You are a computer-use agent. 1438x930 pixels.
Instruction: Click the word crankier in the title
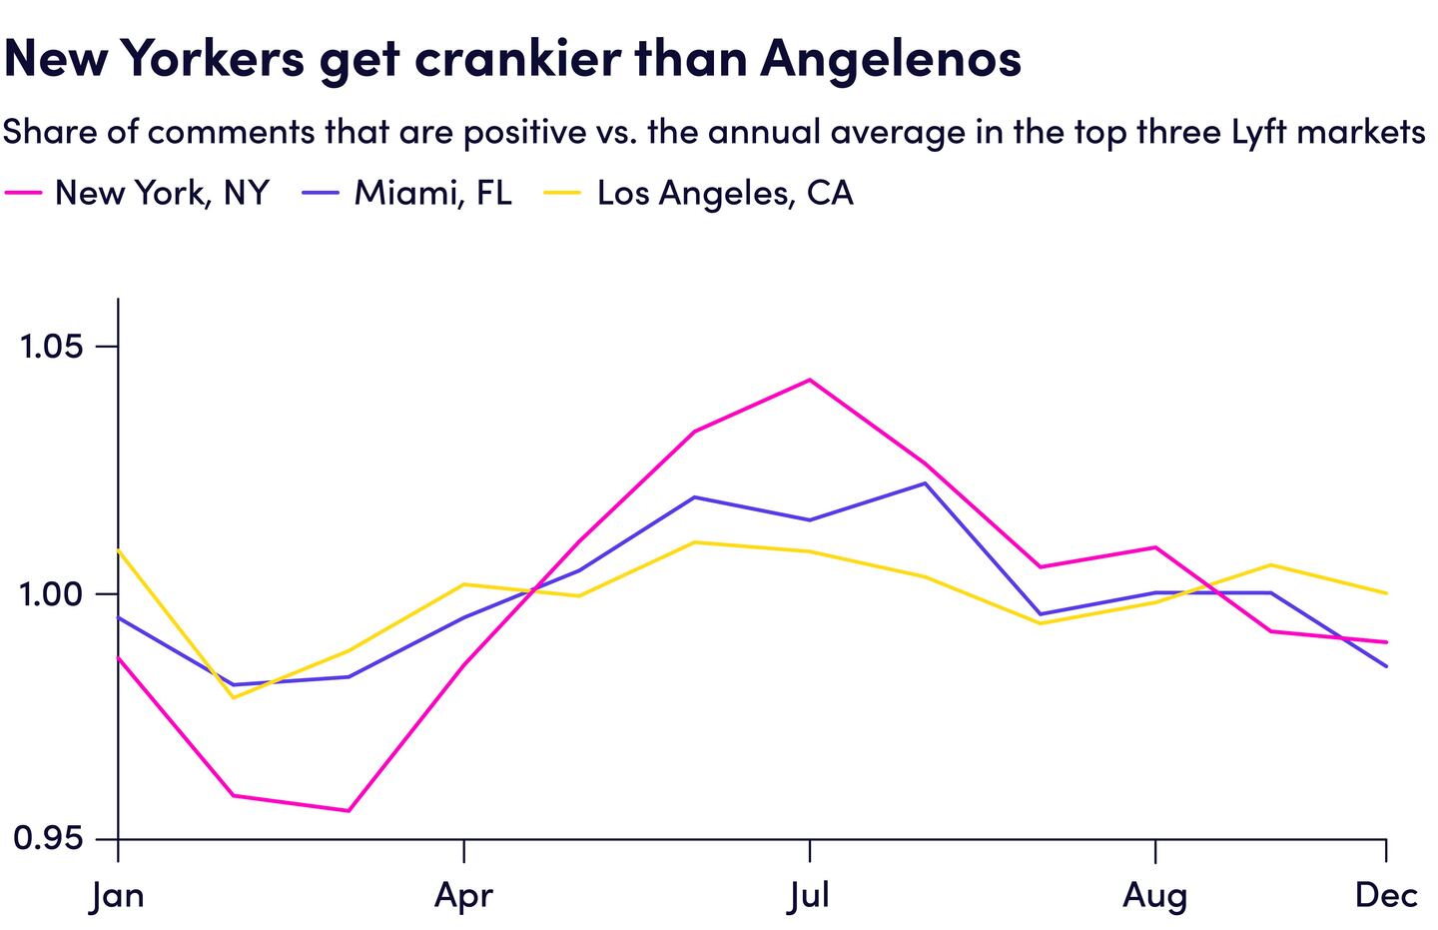point(515,60)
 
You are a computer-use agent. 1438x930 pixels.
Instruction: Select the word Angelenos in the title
point(891,60)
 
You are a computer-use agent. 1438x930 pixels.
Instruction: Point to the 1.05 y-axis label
point(49,348)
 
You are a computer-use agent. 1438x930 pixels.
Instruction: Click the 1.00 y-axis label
point(49,594)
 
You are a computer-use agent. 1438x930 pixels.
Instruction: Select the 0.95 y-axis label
point(49,840)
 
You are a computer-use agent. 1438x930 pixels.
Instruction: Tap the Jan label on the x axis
point(118,896)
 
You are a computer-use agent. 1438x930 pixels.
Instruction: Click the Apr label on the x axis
point(463,896)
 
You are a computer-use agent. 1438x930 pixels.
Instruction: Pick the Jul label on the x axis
point(809,896)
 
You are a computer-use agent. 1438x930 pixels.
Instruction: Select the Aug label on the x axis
point(1154,896)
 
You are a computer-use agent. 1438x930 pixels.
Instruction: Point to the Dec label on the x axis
point(1386,896)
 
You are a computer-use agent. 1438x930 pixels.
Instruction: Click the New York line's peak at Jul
point(809,380)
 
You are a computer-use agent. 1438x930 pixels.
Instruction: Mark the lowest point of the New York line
point(349,810)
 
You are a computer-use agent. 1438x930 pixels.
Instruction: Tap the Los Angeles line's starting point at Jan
point(119,550)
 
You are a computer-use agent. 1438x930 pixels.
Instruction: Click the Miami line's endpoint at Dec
point(1386,666)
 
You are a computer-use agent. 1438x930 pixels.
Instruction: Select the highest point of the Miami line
point(925,483)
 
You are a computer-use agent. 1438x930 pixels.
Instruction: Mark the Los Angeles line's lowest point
point(234,697)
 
